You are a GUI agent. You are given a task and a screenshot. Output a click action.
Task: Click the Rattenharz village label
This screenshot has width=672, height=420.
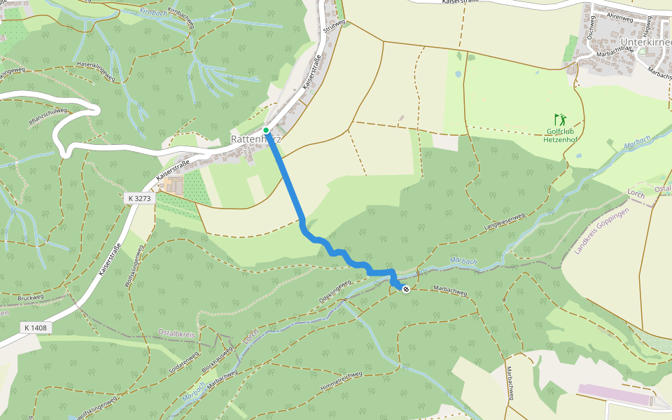click(255, 139)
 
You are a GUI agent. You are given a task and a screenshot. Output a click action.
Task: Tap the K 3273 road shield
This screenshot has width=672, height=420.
click(139, 199)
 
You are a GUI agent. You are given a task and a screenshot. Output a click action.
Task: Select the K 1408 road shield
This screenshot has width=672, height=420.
click(34, 327)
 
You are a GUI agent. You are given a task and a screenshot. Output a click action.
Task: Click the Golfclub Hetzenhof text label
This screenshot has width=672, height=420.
click(559, 134)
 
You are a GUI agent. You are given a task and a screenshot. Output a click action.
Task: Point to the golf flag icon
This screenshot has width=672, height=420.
click(559, 119)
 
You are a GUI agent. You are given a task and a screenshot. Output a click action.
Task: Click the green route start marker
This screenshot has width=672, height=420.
click(266, 130)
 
